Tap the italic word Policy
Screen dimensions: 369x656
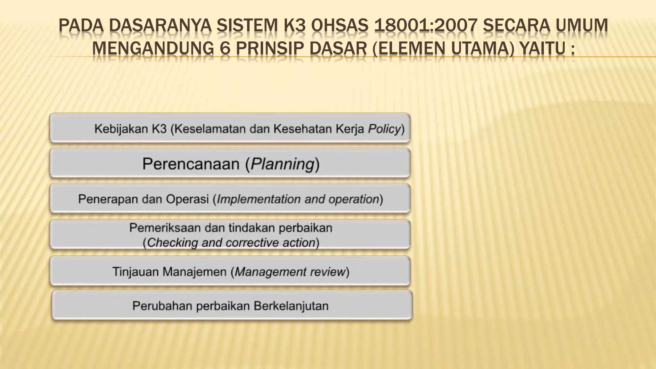384,129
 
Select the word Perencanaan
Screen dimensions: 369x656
191,164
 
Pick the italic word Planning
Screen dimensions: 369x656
282,164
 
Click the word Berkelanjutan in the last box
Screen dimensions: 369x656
291,306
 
